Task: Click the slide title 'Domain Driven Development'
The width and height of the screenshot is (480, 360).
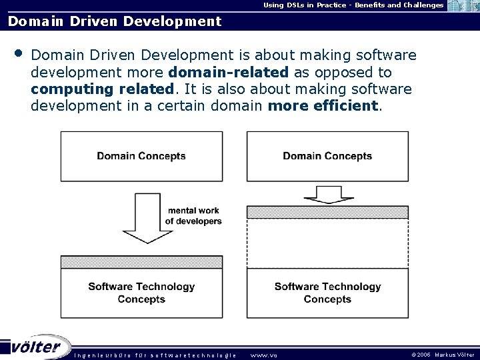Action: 114,21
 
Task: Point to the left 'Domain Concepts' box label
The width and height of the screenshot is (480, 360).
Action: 141,156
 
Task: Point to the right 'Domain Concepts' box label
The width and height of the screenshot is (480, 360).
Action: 327,156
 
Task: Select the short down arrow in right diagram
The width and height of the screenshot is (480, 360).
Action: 327,193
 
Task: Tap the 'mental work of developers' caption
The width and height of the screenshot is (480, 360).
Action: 193,216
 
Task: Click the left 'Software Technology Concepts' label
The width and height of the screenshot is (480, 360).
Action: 141,293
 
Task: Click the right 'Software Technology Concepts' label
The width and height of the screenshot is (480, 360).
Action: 327,293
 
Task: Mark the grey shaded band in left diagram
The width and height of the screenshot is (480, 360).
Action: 141,262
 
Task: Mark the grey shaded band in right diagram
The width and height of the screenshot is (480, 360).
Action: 327,212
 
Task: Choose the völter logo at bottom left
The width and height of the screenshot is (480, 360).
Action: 36,347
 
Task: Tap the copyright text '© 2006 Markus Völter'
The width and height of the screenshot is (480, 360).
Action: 443,355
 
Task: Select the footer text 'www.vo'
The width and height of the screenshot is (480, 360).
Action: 263,355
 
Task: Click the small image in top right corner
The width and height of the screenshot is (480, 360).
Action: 463,6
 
